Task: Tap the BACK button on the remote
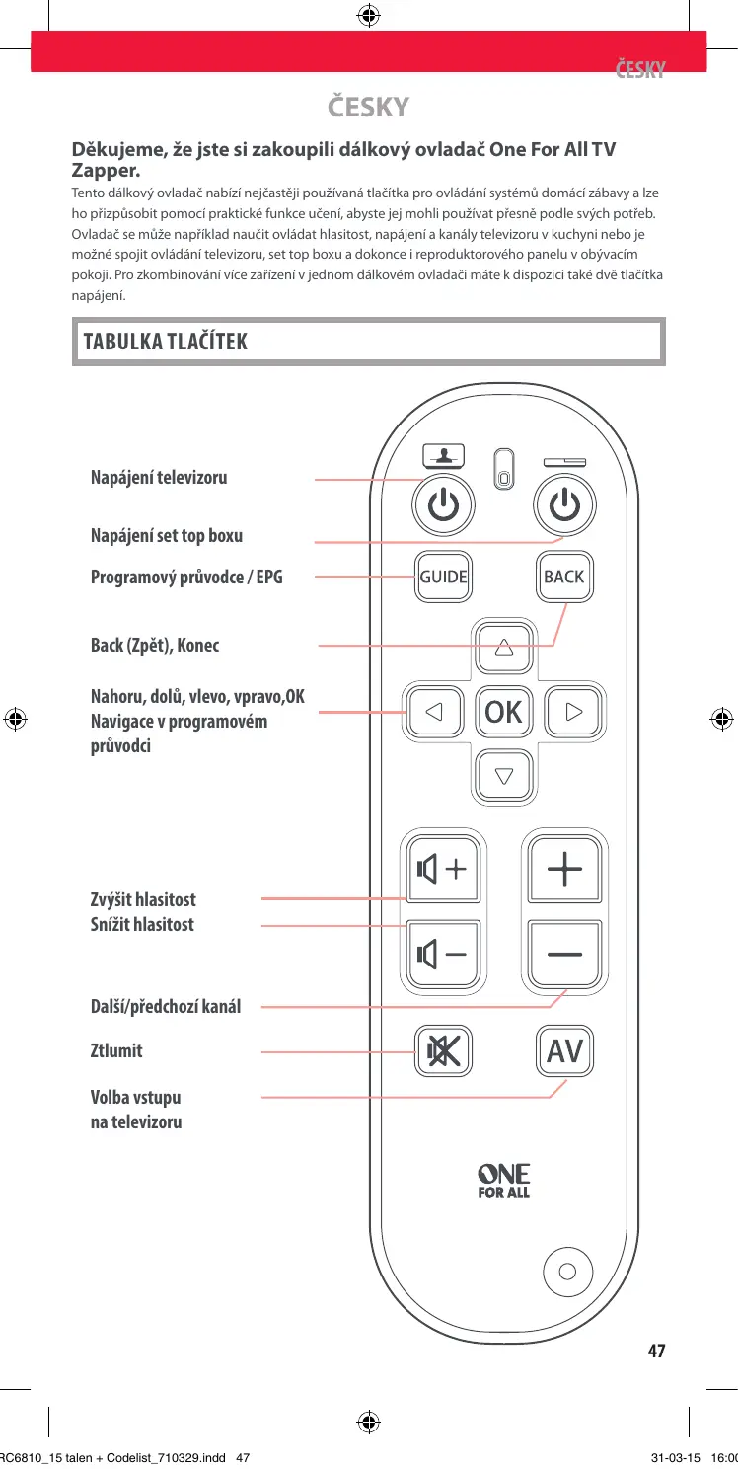[564, 577]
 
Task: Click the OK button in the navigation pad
[504, 711]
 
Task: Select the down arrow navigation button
[504, 774]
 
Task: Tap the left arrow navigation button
[434, 711]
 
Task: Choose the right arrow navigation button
[573, 711]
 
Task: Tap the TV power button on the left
[443, 506]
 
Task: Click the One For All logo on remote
[504, 1181]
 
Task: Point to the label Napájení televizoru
[159, 478]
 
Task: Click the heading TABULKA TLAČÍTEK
[166, 342]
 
